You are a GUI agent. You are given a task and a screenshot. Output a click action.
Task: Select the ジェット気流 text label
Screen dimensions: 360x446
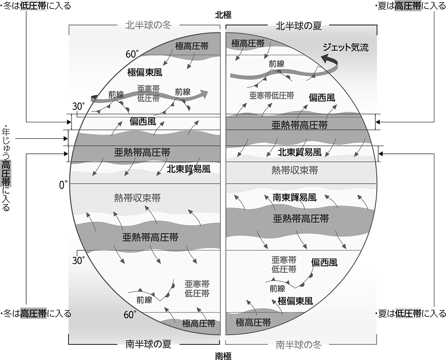(346, 48)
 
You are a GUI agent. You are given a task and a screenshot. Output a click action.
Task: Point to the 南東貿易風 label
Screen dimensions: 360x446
(294, 198)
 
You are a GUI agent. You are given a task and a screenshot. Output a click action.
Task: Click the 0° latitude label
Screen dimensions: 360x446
(63, 185)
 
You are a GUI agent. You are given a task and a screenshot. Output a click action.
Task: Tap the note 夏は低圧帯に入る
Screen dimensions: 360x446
(411, 314)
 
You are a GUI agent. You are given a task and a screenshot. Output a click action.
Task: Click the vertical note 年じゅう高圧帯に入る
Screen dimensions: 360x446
(6, 168)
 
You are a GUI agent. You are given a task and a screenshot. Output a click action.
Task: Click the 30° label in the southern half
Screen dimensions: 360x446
(78, 260)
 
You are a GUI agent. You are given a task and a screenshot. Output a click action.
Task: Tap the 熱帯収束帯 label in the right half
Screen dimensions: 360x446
(294, 170)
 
